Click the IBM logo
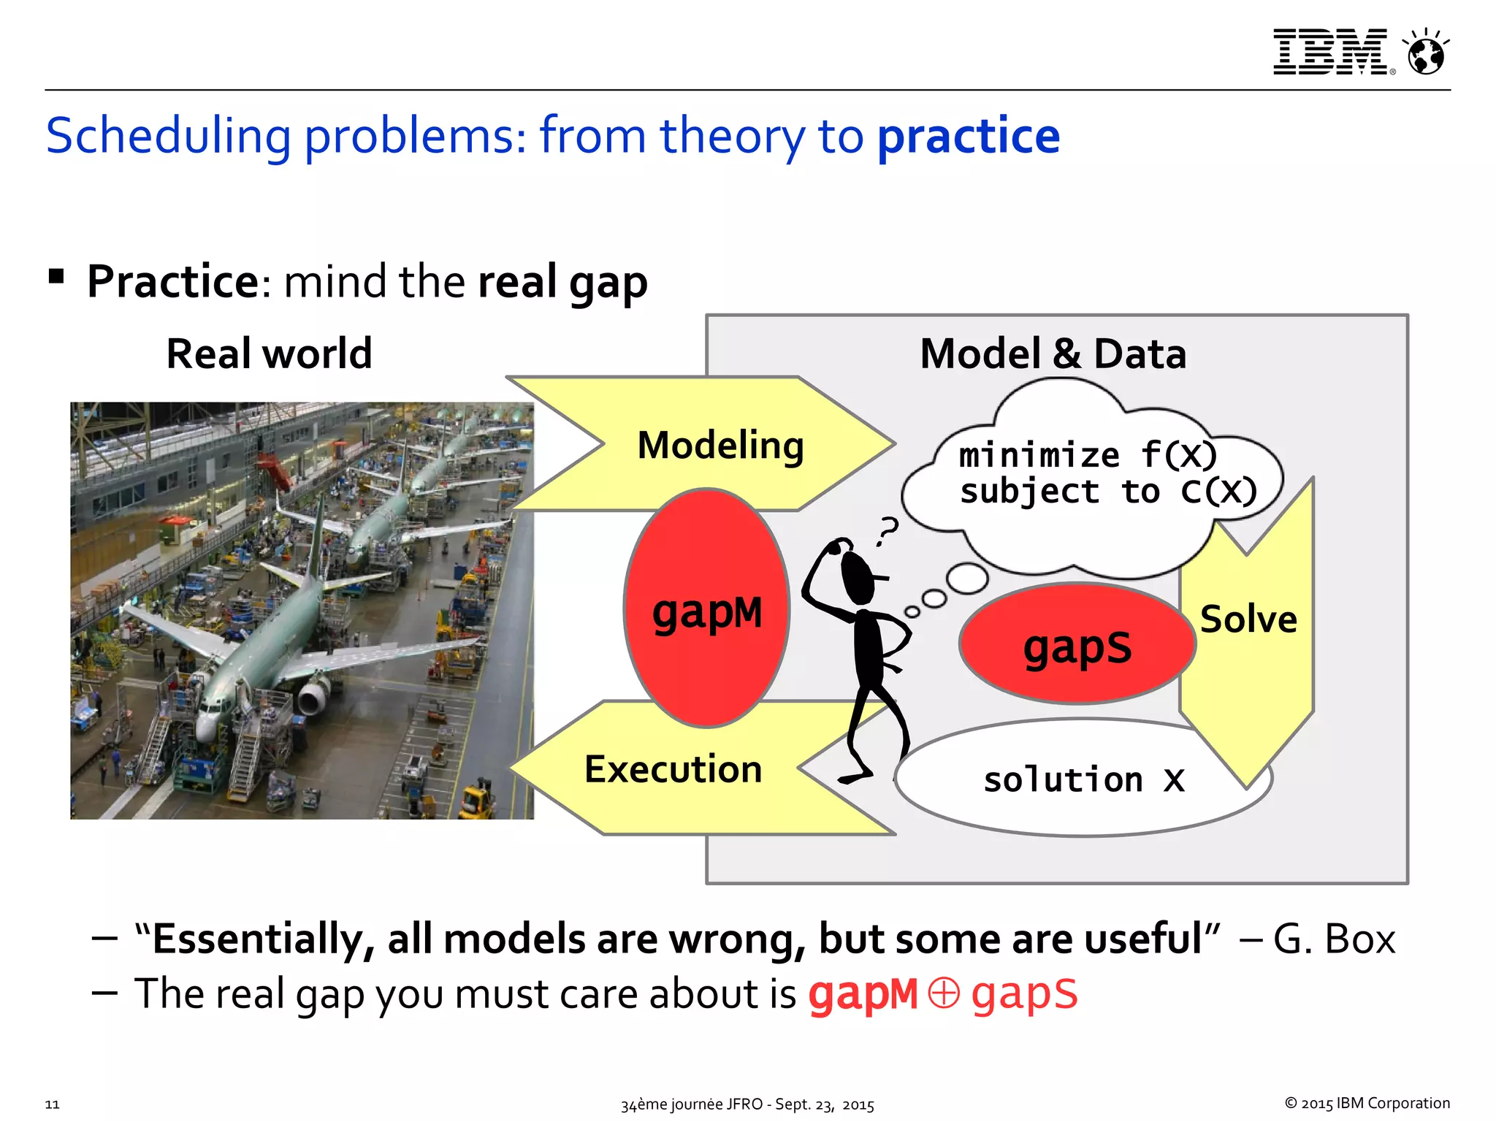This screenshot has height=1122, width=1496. (1329, 52)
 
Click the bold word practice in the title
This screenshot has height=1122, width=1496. (968, 136)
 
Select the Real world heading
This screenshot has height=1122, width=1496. (269, 354)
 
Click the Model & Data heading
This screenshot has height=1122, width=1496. (1053, 354)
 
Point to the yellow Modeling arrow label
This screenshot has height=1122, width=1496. (720, 445)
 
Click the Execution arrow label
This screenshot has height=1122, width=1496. (673, 769)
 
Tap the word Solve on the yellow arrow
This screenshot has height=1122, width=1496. (1248, 619)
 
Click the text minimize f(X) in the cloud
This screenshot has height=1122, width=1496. (1087, 455)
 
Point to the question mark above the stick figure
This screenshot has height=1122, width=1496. (888, 530)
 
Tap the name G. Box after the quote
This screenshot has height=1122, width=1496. (1334, 939)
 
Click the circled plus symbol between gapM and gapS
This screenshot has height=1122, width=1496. (943, 993)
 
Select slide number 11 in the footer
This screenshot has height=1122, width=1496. (52, 1104)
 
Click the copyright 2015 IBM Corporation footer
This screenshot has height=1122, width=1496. (1367, 1103)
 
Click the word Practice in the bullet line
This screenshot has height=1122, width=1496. (172, 282)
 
